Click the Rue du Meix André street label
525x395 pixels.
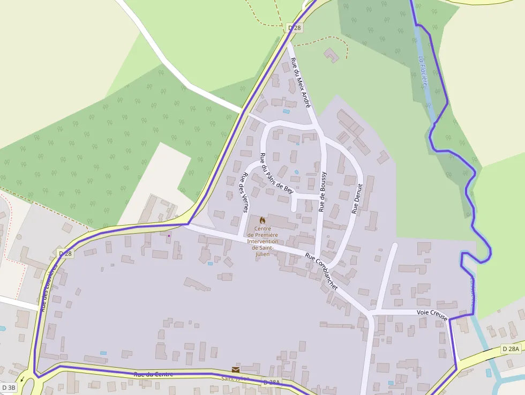coord(301,83)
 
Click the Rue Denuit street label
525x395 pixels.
coord(357,199)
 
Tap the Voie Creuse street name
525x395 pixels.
coord(432,312)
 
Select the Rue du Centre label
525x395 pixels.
coord(154,374)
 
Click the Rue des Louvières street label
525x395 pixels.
coord(48,288)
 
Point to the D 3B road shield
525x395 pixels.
coord(9,387)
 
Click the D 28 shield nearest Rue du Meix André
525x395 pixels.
coord(294,27)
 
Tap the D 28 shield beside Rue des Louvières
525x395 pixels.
coord(65,253)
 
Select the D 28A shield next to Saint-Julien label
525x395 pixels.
coord(272,383)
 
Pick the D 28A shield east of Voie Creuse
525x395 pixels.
coord(511,349)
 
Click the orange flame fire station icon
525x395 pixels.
coord(262,220)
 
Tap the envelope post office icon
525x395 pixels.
coord(236,369)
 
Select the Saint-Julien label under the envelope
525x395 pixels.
coord(236,378)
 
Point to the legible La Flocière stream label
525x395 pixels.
coord(424,72)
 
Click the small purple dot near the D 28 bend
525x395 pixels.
coord(169,235)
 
